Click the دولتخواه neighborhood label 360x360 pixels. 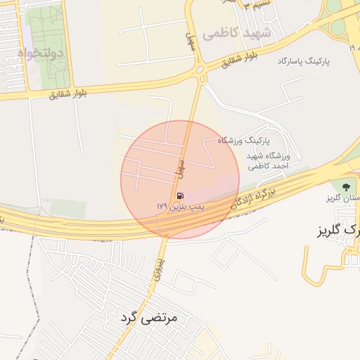pyautogui.click(x=40, y=53)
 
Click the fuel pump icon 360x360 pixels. pyautogui.click(x=180, y=195)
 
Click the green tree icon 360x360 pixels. pyautogui.click(x=345, y=186)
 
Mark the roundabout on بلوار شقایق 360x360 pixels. pyautogui.click(x=200, y=70)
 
